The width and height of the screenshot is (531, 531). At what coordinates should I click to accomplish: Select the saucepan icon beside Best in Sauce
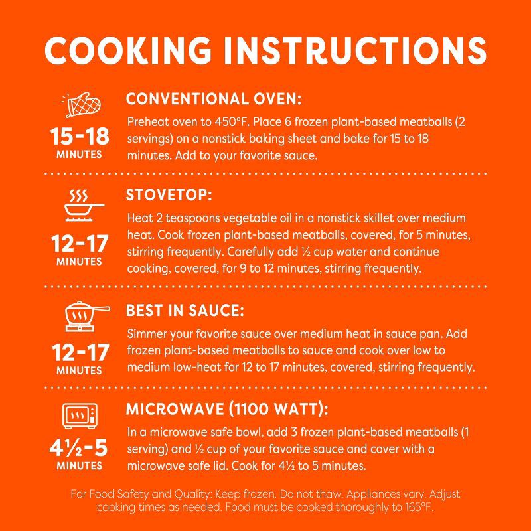point(79,312)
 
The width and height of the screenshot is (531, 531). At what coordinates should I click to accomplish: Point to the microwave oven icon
point(79,417)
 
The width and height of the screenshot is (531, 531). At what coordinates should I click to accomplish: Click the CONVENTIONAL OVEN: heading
point(214,100)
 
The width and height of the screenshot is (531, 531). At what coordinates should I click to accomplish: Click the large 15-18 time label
point(79,137)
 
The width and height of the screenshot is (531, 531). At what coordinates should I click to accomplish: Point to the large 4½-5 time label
point(79,447)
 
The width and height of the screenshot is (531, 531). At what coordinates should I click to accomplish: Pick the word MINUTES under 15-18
point(79,155)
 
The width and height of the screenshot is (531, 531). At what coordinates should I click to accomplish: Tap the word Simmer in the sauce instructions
point(145,335)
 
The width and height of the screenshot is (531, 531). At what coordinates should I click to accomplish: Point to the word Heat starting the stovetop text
point(137,218)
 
